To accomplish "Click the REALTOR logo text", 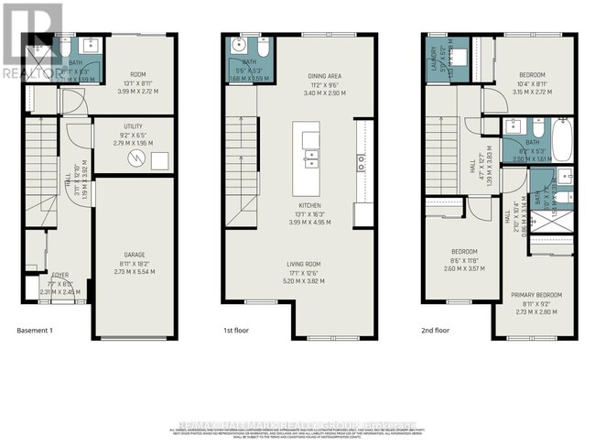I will tap(29, 71).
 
